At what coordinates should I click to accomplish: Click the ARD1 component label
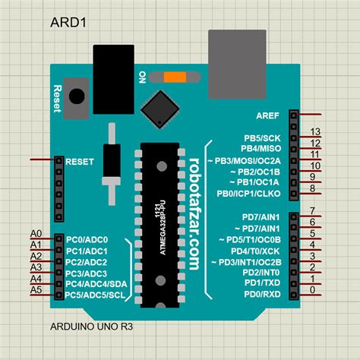click(68, 21)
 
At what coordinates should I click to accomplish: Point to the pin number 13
click(315, 132)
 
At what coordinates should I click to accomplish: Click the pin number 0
click(312, 289)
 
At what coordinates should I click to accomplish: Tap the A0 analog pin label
click(36, 233)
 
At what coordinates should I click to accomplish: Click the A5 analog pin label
click(36, 289)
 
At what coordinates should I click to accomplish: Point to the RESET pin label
click(80, 162)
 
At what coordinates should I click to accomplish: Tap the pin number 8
click(312, 197)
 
